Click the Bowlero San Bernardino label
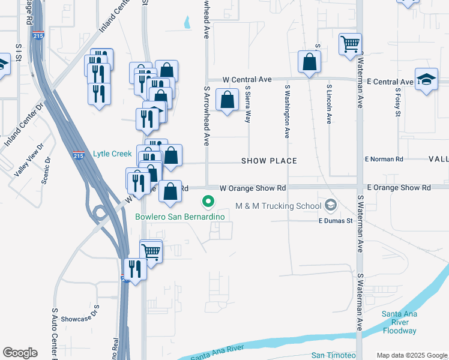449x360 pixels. point(179,217)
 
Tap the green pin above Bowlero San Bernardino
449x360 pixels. point(208,202)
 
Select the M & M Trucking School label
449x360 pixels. point(279,206)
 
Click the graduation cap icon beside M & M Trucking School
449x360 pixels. point(330,206)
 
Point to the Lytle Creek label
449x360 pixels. point(112,154)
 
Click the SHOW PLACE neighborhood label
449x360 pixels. point(269,161)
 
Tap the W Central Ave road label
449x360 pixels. point(247,79)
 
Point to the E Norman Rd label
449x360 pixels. point(384,159)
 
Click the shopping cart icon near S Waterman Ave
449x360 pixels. point(350,44)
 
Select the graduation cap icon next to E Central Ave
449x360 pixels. point(426,80)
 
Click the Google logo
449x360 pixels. point(20,353)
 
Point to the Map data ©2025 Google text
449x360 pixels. point(411,355)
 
